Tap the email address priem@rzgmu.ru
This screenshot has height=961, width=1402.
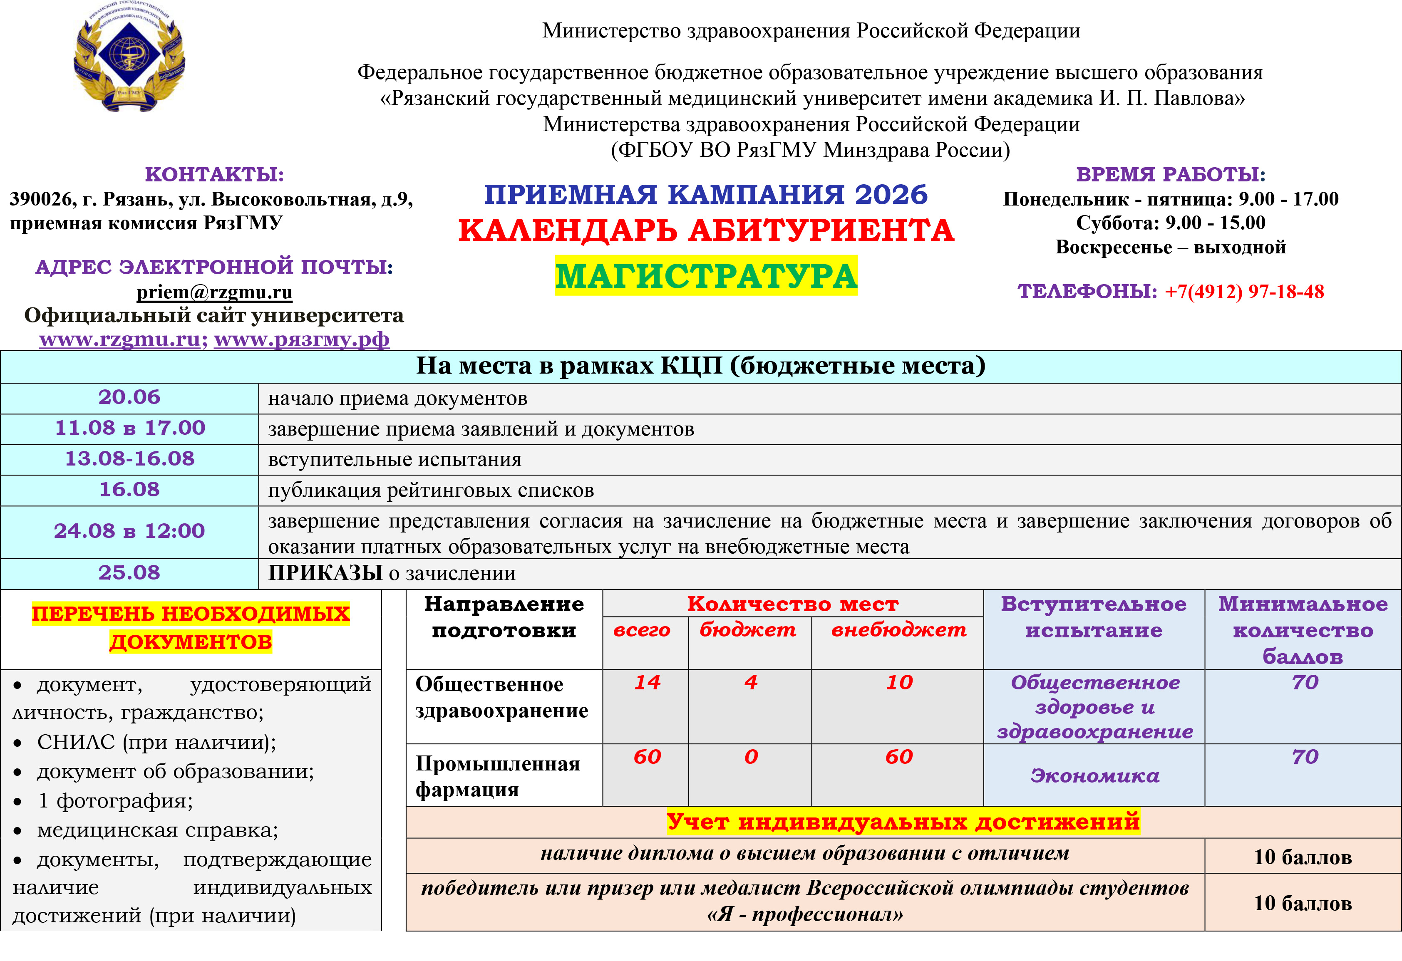[x=214, y=292]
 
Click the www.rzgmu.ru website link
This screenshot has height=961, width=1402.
[x=119, y=339]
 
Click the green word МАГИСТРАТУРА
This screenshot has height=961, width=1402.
[x=706, y=276]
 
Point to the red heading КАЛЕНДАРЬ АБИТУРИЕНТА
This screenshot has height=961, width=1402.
[x=706, y=231]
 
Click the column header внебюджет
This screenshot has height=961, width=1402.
[x=898, y=630]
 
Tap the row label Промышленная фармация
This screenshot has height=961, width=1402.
[x=498, y=776]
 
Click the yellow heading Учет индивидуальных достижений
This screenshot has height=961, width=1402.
[x=903, y=822]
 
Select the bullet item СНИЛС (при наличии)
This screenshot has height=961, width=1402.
[x=156, y=743]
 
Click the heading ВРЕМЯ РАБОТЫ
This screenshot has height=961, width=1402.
[x=1170, y=174]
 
